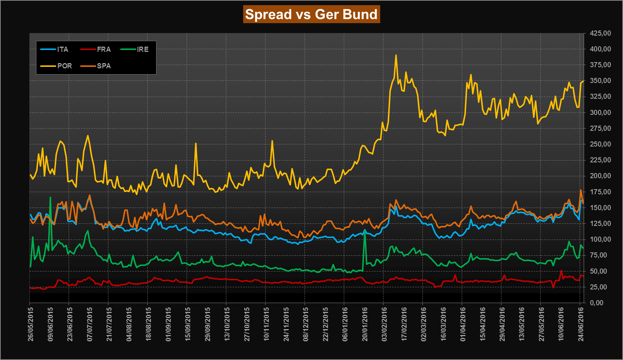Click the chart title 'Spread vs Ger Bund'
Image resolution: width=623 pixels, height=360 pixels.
click(x=311, y=14)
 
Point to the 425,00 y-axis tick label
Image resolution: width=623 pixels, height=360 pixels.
click(x=600, y=33)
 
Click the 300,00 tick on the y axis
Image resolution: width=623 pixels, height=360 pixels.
click(x=600, y=112)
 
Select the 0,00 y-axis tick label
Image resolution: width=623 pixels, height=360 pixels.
click(x=597, y=303)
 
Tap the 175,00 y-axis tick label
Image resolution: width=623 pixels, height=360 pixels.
click(x=600, y=192)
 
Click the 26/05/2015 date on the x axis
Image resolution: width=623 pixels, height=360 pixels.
click(x=30, y=324)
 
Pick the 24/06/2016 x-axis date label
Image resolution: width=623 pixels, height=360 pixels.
click(x=580, y=324)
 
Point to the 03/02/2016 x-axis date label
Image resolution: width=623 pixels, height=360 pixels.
click(x=384, y=324)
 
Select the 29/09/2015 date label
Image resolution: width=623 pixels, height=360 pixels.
click(x=207, y=324)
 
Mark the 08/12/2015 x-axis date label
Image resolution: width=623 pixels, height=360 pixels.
click(x=305, y=324)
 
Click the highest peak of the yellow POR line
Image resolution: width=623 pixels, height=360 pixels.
click(x=396, y=55)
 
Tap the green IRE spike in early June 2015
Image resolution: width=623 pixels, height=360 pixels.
click(x=50, y=197)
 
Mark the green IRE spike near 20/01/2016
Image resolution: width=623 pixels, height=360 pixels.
click(x=365, y=230)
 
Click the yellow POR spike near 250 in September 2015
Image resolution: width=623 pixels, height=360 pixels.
click(x=195, y=143)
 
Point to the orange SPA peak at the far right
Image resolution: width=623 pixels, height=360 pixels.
click(x=581, y=190)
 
